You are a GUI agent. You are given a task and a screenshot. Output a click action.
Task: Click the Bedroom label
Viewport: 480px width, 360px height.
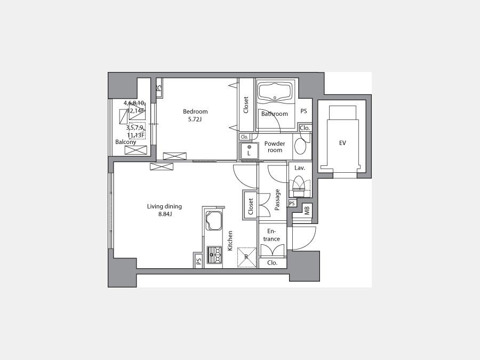click(195, 111)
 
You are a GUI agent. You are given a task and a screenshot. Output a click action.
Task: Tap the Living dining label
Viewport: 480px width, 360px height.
click(164, 206)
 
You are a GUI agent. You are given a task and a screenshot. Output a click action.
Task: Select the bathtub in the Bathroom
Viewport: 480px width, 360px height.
click(275, 91)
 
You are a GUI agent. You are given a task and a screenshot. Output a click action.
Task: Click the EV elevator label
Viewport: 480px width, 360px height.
click(342, 143)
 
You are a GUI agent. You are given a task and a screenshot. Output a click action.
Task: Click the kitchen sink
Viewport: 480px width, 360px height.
click(214, 220)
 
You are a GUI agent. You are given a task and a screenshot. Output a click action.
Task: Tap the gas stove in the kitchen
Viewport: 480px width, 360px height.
click(214, 255)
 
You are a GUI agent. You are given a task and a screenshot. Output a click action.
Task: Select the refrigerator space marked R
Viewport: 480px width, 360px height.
click(247, 257)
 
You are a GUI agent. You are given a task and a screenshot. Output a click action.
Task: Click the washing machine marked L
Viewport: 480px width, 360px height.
click(249, 150)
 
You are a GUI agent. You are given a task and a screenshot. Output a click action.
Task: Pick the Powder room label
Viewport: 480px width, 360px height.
click(275, 147)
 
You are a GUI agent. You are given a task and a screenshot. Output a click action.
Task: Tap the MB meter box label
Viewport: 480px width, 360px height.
click(307, 210)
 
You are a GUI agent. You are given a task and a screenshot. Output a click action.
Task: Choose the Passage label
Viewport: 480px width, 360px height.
click(277, 200)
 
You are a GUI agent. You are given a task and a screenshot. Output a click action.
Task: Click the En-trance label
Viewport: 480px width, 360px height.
click(271, 235)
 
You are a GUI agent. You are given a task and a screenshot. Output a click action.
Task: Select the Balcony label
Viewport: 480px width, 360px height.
click(125, 142)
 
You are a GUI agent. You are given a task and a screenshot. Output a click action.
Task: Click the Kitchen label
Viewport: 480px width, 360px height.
click(230, 241)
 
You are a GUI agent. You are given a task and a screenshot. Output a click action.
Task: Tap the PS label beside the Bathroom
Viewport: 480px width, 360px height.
click(303, 111)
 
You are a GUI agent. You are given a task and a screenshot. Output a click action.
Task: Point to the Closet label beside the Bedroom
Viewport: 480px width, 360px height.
click(246, 105)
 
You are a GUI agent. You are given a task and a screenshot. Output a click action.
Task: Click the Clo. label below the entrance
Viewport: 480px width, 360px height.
click(272, 262)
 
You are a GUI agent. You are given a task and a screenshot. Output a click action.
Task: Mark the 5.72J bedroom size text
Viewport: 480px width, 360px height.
click(195, 119)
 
